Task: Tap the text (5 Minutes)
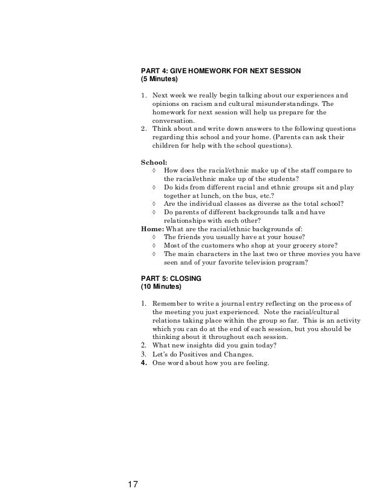160,79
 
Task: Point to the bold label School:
154,162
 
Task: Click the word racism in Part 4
203,104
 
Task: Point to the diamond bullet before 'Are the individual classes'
155,204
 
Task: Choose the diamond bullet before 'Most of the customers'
155,246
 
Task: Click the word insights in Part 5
202,345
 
